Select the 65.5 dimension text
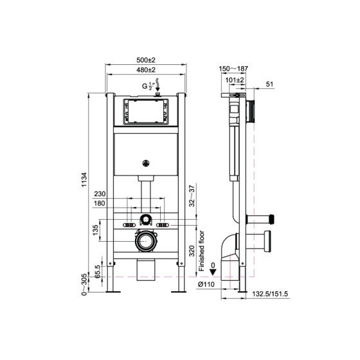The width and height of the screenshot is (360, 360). [97, 269]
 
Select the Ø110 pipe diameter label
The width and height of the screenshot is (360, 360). [206, 284]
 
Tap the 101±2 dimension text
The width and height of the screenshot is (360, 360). [235, 80]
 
